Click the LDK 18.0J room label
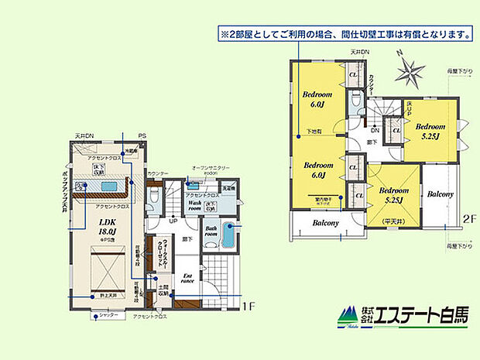[106, 225]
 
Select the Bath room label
[211, 231]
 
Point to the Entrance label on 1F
[188, 277]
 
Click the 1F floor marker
[247, 307]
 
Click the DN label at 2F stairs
[375, 131]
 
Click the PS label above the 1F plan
[142, 136]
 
